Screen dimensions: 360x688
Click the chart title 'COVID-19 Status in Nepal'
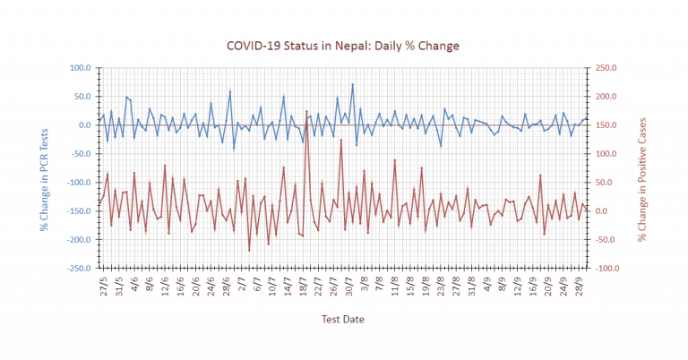click(x=343, y=46)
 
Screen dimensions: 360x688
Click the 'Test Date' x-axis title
click(x=343, y=318)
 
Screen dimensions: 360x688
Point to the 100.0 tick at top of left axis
click(x=81, y=67)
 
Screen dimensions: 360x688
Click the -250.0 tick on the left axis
click(x=79, y=269)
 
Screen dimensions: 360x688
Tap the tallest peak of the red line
click(x=306, y=111)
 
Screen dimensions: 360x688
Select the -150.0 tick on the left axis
click(x=79, y=211)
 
